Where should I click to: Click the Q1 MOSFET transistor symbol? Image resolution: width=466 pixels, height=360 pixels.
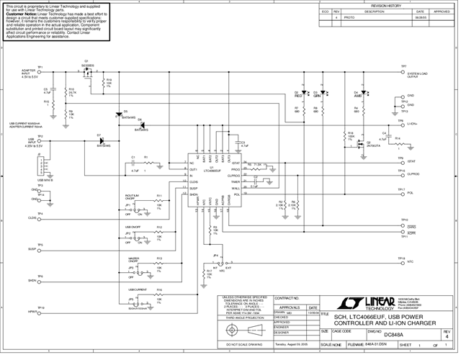click(x=87, y=73)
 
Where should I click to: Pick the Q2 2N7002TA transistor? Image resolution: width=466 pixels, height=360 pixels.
click(x=357, y=143)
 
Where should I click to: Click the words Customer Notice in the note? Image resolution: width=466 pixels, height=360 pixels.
click(x=22, y=13)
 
